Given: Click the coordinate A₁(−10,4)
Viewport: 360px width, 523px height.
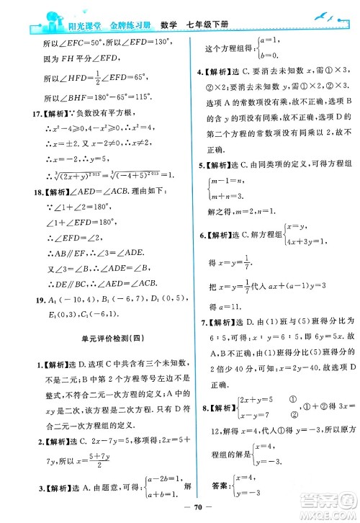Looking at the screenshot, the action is [53, 303].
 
